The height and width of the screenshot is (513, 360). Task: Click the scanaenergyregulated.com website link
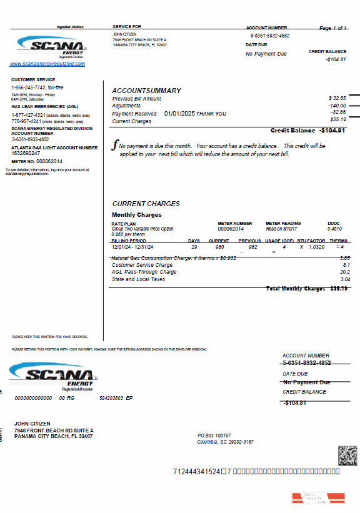click(x=47, y=64)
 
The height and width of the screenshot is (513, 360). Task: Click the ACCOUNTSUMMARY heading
click(x=146, y=91)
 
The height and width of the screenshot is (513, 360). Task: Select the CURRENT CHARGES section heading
click(x=146, y=204)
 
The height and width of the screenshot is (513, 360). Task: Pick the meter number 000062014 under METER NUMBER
click(x=230, y=229)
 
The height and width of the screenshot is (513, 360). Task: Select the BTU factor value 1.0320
click(x=317, y=247)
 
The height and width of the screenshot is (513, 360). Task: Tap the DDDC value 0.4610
click(x=334, y=229)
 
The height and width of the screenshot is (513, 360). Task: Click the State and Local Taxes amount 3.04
click(x=344, y=279)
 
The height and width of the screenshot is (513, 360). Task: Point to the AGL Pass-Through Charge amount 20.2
click(x=344, y=272)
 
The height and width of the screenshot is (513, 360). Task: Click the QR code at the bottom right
click(x=347, y=455)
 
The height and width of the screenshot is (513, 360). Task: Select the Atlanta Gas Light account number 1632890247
click(x=26, y=153)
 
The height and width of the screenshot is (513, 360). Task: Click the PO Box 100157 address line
click(x=214, y=435)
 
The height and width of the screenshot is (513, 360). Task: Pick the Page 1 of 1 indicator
click(x=333, y=29)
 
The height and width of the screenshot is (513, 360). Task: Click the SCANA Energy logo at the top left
click(x=51, y=46)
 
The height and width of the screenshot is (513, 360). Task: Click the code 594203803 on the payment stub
click(x=112, y=397)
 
